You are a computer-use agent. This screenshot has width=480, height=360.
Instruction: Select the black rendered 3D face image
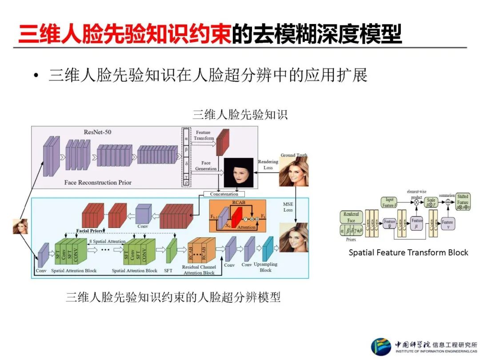(x=235, y=173)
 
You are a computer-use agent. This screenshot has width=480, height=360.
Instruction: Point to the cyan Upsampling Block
(x=267, y=249)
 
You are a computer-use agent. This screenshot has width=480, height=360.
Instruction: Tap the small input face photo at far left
(x=20, y=226)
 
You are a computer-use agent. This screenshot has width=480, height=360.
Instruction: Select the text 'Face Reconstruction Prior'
(x=98, y=182)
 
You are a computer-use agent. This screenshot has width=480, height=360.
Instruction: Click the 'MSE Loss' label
(x=288, y=207)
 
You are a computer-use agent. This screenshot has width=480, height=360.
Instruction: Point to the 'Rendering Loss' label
(x=268, y=165)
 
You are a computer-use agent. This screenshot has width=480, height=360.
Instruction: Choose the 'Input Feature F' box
(x=389, y=203)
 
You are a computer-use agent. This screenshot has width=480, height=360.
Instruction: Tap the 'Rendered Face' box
(x=351, y=217)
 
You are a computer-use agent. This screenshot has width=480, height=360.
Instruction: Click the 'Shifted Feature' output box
(x=463, y=202)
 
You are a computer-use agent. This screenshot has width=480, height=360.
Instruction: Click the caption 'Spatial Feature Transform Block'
(x=408, y=252)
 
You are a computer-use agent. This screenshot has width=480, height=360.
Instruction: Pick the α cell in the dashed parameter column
(x=186, y=139)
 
